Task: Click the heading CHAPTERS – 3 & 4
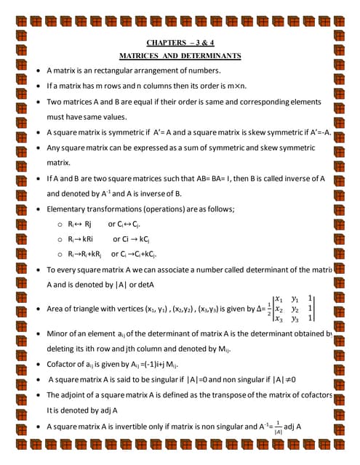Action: (x=180, y=43)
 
